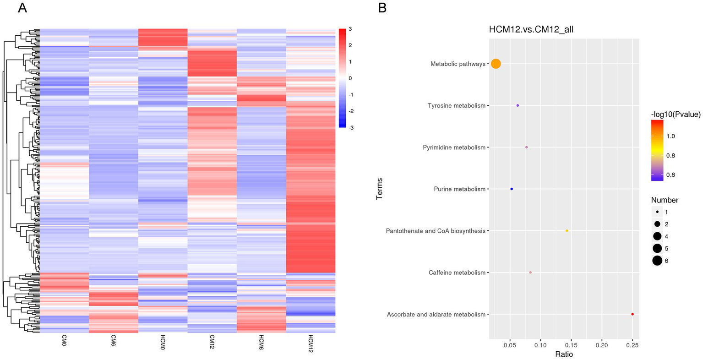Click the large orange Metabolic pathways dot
(496, 64)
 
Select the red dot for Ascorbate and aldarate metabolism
(632, 314)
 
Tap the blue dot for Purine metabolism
(512, 189)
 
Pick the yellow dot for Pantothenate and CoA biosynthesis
(567, 231)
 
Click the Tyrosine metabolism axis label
(456, 106)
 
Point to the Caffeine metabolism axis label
(457, 273)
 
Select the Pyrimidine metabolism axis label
(454, 147)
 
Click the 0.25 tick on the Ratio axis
(632, 344)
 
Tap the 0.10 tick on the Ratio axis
(540, 344)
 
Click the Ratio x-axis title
(564, 354)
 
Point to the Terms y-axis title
(380, 189)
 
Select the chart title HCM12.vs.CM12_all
(531, 30)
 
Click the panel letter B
(382, 8)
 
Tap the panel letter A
(22, 8)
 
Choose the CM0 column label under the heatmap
(64, 342)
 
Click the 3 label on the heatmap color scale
(350, 29)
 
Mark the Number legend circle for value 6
(657, 261)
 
